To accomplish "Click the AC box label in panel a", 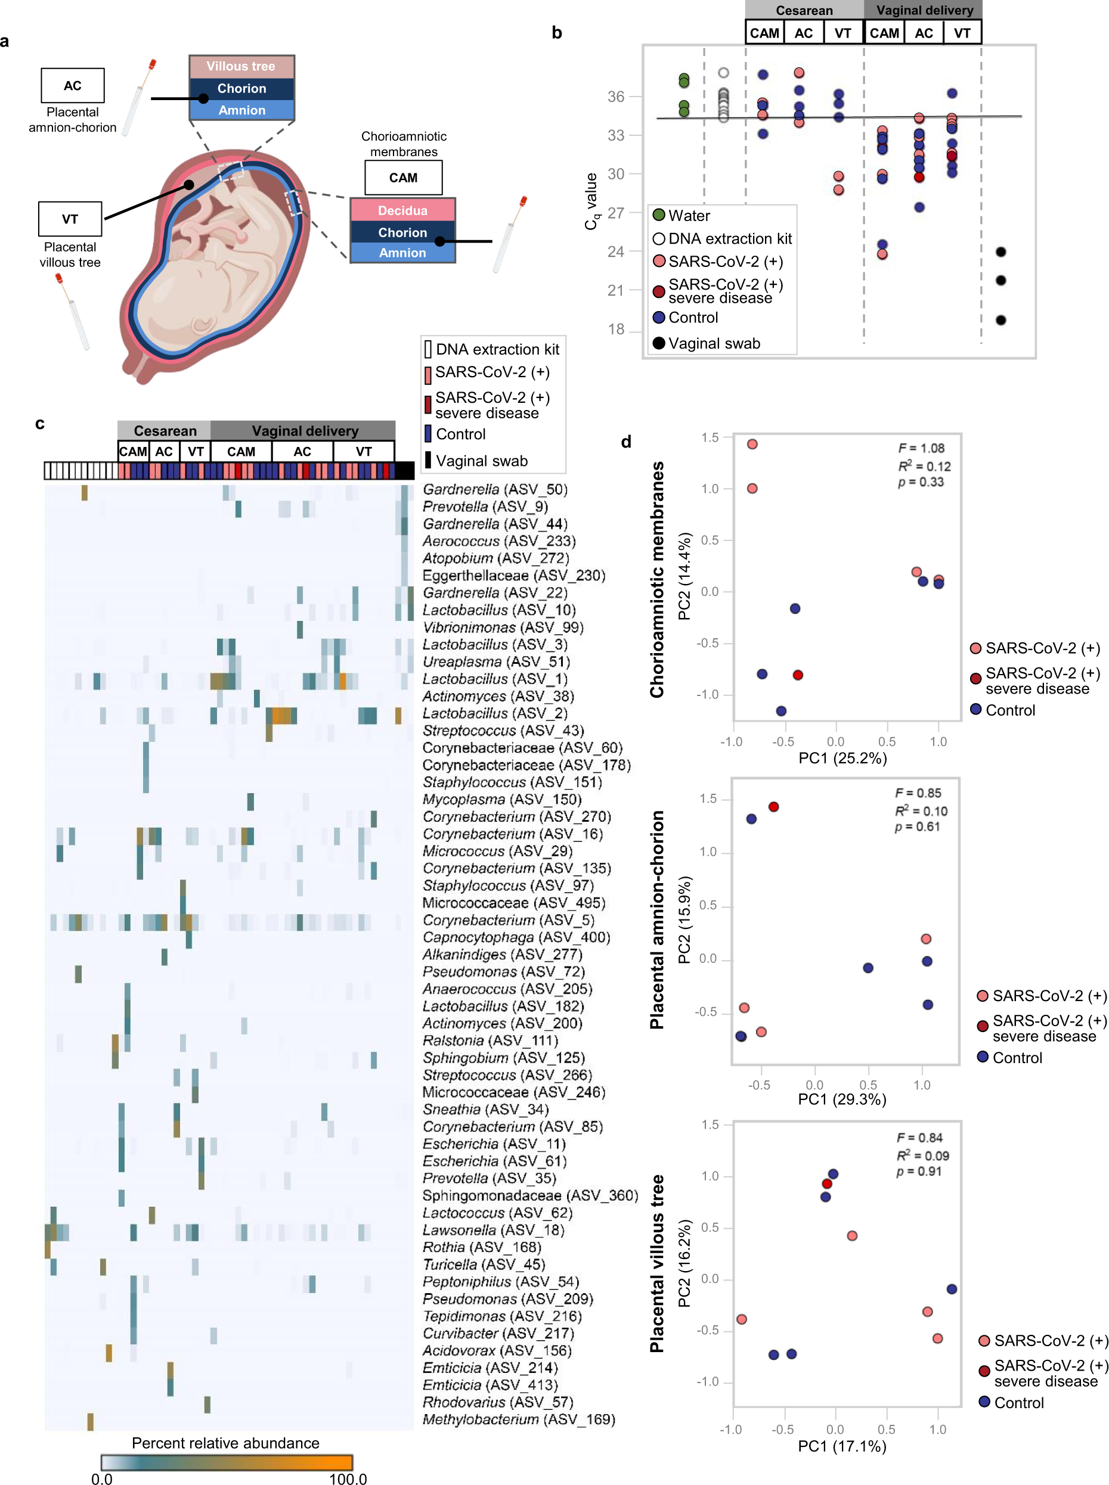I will coord(73,85).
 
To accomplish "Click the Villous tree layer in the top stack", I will coord(241,66).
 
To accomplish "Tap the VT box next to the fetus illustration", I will coord(70,219).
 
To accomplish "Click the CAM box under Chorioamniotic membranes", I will coord(403,178).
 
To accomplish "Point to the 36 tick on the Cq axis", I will coord(615,97).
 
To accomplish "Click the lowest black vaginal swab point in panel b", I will coord(1000,320).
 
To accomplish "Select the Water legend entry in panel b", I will coord(689,215).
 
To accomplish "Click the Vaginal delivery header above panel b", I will coord(924,10).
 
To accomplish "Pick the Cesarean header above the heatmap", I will coord(165,431).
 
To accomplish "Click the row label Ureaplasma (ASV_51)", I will coord(496,661).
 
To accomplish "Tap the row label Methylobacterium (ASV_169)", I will coord(518,1419).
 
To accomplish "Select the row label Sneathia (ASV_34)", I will coord(485,1109).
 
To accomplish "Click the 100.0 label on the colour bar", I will coord(348,1479).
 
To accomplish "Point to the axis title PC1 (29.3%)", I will coord(842,1099).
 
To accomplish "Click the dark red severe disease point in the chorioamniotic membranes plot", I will coord(798,675).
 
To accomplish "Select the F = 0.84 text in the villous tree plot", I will coord(919,1138).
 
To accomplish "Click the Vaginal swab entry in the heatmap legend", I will coord(481,461).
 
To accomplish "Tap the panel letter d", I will coord(625,442).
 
